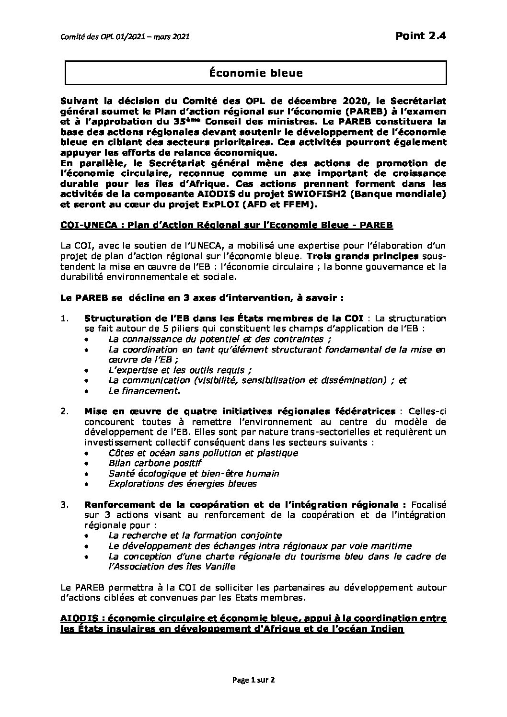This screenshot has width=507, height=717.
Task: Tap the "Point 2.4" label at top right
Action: (x=421, y=35)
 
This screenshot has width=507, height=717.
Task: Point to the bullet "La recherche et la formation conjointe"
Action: (x=195, y=535)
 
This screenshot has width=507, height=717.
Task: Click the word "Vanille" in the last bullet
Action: (x=220, y=567)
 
